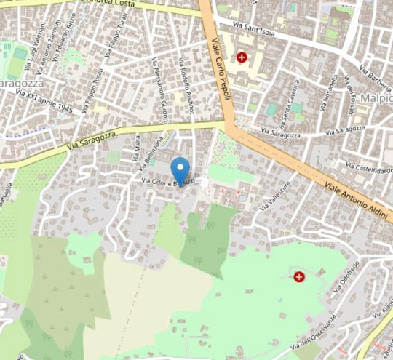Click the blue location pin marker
pos(180,172)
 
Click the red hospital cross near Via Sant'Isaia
pos(241,57)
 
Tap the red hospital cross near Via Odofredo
pos(298,276)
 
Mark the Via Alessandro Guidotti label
pos(159,93)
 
